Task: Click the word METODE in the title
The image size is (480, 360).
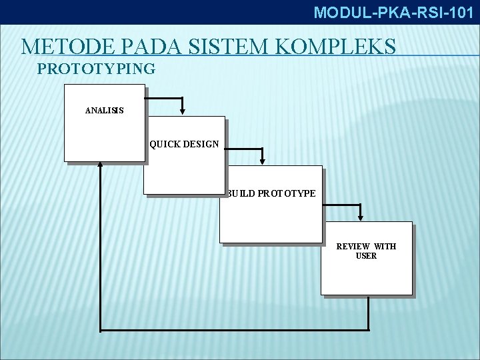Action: point(61,47)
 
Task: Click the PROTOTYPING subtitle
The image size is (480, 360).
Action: point(97,68)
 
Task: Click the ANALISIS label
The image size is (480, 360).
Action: point(104,110)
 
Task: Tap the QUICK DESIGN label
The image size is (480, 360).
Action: point(184,143)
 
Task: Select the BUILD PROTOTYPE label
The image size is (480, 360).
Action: point(271,193)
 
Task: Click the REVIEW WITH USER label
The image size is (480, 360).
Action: point(366,251)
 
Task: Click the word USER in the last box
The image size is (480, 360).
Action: point(366,256)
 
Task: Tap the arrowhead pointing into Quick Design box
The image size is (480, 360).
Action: point(183,111)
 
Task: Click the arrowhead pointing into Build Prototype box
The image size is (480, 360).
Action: point(263,160)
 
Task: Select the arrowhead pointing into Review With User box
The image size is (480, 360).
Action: point(361,216)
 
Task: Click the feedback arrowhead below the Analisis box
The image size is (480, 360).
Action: point(100,165)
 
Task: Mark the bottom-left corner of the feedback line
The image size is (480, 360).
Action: point(100,330)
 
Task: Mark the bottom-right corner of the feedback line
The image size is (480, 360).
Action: point(368,330)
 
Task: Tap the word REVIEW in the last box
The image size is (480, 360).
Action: point(353,246)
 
